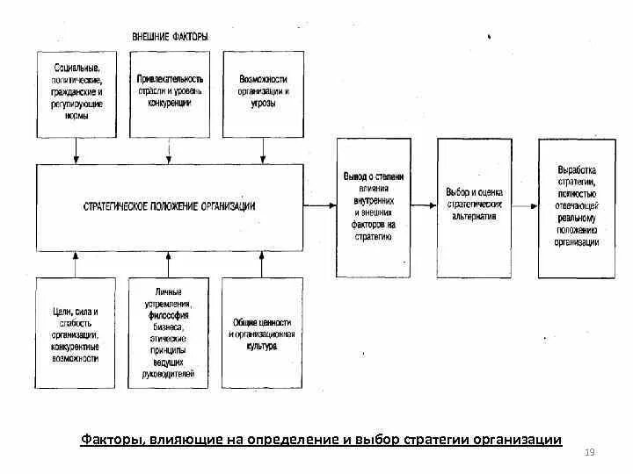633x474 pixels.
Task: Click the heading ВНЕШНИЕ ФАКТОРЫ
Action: click(x=170, y=37)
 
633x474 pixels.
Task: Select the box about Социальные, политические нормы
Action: click(x=76, y=93)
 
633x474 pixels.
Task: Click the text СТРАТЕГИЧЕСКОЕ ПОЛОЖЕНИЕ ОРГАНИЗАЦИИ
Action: click(x=170, y=206)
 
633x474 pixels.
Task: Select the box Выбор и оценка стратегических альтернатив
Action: click(x=474, y=207)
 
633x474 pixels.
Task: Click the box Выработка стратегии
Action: click(x=578, y=207)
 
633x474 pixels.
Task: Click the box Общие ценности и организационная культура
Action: click(x=262, y=333)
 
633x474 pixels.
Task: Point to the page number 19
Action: click(x=590, y=451)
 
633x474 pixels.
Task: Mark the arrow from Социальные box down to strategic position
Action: click(x=76, y=150)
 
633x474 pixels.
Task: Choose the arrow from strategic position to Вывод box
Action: click(x=321, y=207)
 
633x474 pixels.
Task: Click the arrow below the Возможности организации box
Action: click(x=262, y=150)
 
